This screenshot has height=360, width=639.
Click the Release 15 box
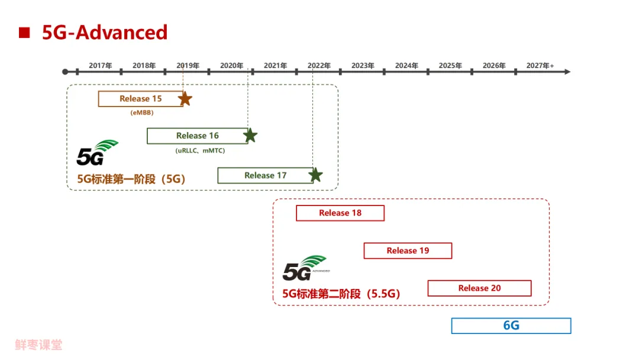click(141, 99)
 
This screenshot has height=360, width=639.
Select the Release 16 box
click(197, 136)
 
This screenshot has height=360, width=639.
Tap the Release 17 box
click(265, 175)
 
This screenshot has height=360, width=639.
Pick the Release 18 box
click(340, 213)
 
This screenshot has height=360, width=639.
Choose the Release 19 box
click(408, 250)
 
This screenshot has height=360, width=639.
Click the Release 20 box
click(479, 288)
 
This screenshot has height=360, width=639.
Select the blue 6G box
click(511, 326)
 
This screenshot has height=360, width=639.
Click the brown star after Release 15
click(185, 99)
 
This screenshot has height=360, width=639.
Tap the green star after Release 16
click(250, 136)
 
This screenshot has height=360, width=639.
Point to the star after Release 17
click(315, 175)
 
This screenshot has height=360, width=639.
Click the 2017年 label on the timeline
click(101, 66)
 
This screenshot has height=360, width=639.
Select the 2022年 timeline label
click(319, 66)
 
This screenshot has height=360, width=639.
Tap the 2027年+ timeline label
click(540, 66)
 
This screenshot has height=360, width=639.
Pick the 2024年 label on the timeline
click(406, 66)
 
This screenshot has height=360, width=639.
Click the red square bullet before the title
click(24, 33)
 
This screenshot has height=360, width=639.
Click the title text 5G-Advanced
click(105, 32)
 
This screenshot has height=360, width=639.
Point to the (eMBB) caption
click(141, 112)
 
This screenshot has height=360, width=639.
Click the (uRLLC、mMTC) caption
click(200, 150)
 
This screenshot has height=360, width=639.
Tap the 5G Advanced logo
click(305, 268)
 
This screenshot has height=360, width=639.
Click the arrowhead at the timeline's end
click(567, 72)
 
